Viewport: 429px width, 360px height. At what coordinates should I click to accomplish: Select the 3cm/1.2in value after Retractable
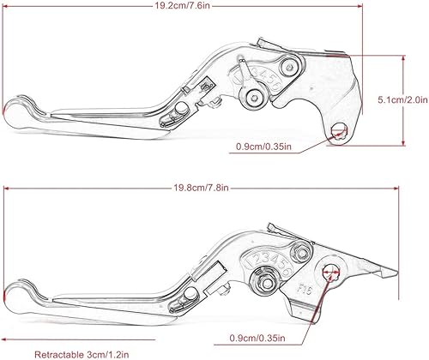click(117, 352)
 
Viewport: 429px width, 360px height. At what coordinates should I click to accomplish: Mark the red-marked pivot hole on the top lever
click(339, 129)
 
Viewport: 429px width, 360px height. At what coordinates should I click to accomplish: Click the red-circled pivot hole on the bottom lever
click(328, 272)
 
